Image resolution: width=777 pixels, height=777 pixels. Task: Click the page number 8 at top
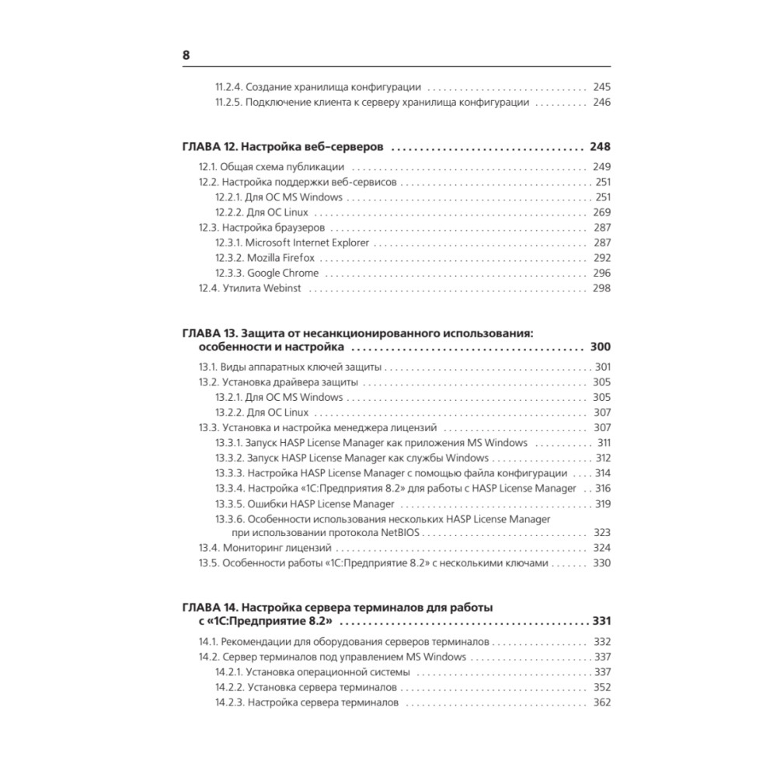186,55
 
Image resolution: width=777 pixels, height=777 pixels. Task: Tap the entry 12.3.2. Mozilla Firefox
274,258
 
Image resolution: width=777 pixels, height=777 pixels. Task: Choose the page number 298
601,288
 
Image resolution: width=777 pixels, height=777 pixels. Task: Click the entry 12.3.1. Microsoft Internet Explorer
292,242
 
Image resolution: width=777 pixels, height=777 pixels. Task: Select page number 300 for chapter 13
601,347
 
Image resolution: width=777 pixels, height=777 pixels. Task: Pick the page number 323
601,532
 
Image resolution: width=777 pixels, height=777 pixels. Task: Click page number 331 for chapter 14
601,621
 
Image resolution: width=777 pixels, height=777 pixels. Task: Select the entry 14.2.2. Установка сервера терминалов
307,688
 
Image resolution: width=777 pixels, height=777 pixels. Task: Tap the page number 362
601,702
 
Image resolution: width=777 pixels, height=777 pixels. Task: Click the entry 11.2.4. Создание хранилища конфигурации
318,87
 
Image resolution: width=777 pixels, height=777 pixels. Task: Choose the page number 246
601,102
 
